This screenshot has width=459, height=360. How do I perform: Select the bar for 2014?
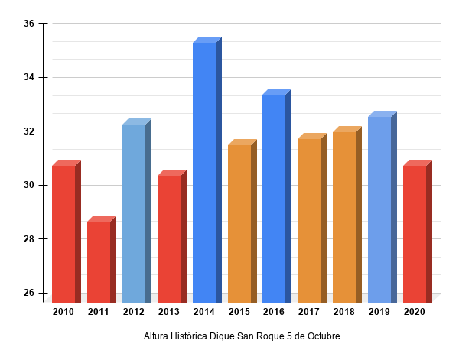coord(204,172)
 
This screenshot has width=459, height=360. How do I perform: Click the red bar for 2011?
coord(99,261)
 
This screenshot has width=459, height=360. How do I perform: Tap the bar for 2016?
coord(274,198)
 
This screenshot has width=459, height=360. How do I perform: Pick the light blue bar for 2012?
coord(134,213)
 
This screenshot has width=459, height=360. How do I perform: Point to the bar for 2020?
coord(415,233)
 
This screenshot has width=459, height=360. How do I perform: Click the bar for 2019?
coord(379,209)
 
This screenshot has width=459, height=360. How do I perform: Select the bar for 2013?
coord(169,238)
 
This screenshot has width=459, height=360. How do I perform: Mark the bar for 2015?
coord(239,223)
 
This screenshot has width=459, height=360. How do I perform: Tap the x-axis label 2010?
coord(63,312)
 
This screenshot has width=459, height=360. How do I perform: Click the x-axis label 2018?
coord(344,312)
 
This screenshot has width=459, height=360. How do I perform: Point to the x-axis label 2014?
coord(204,312)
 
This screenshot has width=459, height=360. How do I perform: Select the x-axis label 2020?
coord(415,312)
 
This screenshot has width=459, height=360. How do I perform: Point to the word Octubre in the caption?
coord(322,336)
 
